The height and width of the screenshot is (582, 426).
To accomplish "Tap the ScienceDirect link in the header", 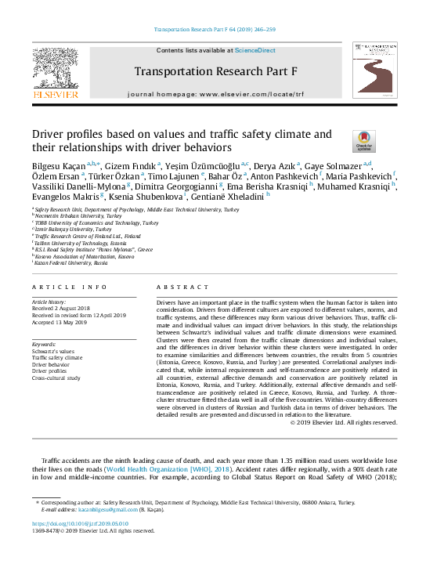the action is tap(256, 50).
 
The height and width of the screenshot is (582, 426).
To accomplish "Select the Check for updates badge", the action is tap(364, 140).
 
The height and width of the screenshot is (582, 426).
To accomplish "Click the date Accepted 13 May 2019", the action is tap(62, 322).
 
